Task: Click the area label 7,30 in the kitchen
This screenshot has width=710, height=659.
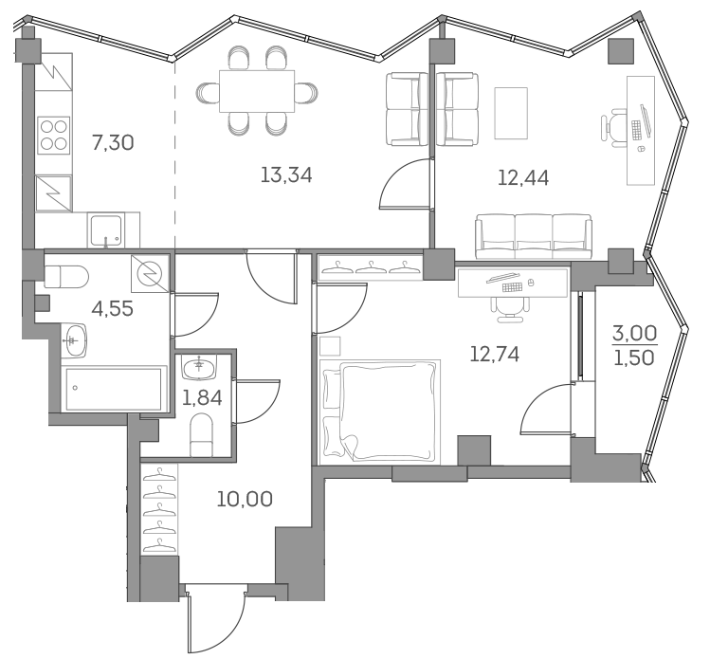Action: point(112,143)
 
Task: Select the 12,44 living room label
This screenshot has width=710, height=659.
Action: point(523,175)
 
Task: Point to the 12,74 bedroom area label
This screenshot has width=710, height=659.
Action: point(495,354)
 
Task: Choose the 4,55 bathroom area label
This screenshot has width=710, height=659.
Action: point(112,308)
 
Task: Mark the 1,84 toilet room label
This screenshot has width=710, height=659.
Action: point(202,397)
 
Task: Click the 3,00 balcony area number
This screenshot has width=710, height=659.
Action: point(634,333)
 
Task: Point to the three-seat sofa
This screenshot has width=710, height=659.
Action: point(532,234)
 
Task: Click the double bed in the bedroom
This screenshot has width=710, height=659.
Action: point(380,411)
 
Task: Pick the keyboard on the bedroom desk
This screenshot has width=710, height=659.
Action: point(513,285)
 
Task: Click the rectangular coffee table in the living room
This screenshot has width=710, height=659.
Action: point(511,112)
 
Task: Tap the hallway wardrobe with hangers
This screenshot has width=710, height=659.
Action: point(159,513)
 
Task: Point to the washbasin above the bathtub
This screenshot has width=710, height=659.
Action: point(74,336)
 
